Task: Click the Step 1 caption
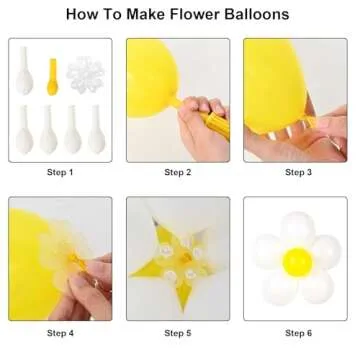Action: pos(60,172)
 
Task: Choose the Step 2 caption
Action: pos(178,172)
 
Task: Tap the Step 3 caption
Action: pos(296,172)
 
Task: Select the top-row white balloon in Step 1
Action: pos(24,72)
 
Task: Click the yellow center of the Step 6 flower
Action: pos(296,262)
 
